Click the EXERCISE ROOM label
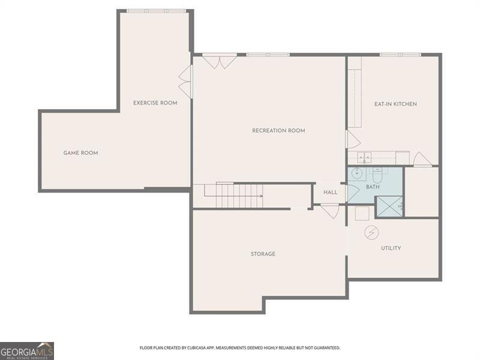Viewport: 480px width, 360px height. click(x=155, y=103)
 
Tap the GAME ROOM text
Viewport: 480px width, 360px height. click(x=80, y=153)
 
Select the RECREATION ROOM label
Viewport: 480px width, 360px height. click(x=278, y=131)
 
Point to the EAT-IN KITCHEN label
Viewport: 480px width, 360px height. click(x=395, y=104)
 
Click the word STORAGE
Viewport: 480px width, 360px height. click(x=263, y=254)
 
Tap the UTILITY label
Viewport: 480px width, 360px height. click(x=391, y=248)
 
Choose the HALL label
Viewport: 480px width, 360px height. click(x=331, y=193)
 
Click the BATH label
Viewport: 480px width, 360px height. click(x=373, y=187)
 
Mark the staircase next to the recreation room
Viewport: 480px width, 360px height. click(x=233, y=192)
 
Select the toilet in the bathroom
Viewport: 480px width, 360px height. click(x=377, y=175)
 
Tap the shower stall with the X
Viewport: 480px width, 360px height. click(x=389, y=206)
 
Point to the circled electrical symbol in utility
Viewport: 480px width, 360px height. click(x=371, y=232)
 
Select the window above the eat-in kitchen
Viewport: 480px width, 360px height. click(x=400, y=55)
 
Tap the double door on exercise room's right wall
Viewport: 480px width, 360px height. click(x=186, y=81)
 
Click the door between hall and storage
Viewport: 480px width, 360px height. click(x=329, y=210)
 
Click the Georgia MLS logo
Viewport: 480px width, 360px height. click(x=27, y=350)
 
